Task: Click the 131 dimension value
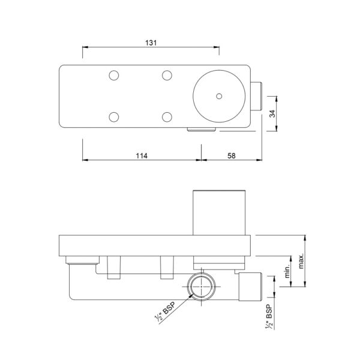point(151,43)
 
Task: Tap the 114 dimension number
point(142,156)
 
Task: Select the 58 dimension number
point(232,156)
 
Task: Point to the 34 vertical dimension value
point(272,113)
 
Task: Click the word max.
point(301,261)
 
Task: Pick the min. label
point(287,271)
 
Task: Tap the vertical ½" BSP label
point(269,317)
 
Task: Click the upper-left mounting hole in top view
point(114,76)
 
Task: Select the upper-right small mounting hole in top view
point(167,76)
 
